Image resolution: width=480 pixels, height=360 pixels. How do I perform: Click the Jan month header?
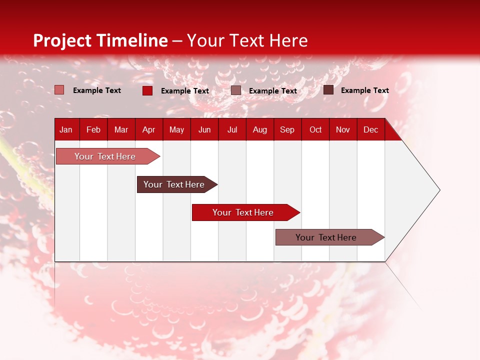tap(66, 129)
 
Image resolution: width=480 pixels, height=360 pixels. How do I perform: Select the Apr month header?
tap(149, 129)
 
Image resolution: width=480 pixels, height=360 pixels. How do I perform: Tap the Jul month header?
tap(232, 129)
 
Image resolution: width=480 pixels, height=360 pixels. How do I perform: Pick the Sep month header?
tap(287, 129)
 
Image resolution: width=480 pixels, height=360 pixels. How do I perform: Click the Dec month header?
tap(370, 129)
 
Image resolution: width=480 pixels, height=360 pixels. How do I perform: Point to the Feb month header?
tap(93, 129)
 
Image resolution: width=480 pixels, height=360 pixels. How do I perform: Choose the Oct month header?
tap(315, 129)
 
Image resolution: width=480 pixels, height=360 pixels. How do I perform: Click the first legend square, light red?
tap(59, 90)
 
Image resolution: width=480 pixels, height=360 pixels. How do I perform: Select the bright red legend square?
tap(147, 90)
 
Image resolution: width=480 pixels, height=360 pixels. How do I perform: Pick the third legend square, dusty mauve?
tap(236, 90)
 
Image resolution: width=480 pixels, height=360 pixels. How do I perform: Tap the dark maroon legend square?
tap(328, 90)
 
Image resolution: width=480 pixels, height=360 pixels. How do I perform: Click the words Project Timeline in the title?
tap(100, 40)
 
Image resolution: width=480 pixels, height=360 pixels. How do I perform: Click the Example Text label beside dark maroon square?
tap(364, 90)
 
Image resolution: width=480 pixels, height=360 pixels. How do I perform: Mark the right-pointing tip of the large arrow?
tap(439, 190)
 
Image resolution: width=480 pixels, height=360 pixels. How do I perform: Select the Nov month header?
tap(343, 129)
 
